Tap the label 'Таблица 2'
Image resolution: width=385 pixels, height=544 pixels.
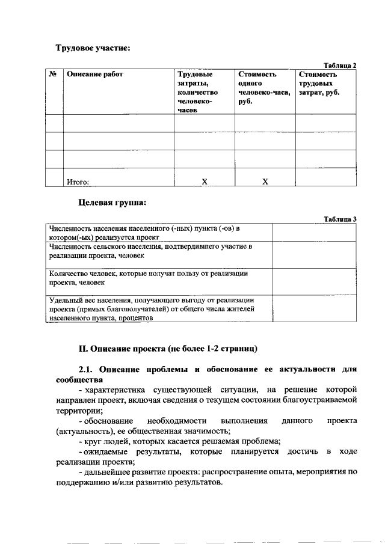pos(340,65)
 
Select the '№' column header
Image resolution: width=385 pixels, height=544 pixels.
pos(53,75)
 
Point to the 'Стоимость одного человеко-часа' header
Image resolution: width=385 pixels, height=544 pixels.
pos(263,88)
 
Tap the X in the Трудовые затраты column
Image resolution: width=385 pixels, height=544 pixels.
pos(204,181)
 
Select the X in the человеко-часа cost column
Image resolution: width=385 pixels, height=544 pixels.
pos(265,181)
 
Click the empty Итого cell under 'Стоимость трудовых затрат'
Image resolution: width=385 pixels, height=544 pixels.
pos(325,178)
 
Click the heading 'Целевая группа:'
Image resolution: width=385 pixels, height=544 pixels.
pos(112,203)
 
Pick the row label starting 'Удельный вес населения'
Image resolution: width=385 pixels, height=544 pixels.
pos(153,309)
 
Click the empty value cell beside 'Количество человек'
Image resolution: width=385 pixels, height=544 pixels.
pos(315,281)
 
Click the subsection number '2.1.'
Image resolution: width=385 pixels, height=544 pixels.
pos(88,368)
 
